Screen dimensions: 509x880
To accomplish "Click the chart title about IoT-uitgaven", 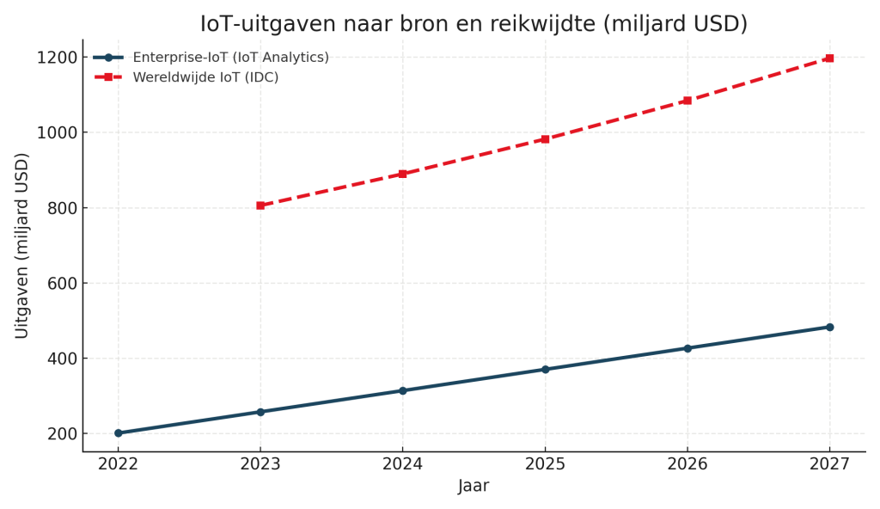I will pos(474,24).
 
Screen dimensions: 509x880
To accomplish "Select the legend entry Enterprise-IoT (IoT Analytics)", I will pos(230,58).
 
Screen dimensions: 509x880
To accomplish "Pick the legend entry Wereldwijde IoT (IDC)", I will pos(205,77).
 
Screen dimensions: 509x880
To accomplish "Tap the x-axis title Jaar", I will pos(474,486).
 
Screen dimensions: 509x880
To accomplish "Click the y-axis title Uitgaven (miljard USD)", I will pos(22,245).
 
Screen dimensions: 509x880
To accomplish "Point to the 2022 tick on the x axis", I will pos(119,463).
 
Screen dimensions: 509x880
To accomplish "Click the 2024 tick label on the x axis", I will pos(402,463).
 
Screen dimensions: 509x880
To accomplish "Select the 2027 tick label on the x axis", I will pos(829,463).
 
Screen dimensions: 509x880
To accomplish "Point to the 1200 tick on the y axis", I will pos(57,58).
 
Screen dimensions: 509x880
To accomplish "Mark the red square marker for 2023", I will pos(260,205).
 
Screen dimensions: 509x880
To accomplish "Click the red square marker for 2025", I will pos(545,139).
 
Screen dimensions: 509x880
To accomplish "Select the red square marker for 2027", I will pos(829,58).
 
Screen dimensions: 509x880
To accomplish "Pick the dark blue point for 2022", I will pos(119,433).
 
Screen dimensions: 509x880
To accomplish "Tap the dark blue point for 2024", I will pos(402,390).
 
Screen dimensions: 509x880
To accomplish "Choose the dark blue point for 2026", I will pos(687,348).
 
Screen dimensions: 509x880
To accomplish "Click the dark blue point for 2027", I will pos(829,327).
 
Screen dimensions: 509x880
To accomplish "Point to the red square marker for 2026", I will pos(687,101).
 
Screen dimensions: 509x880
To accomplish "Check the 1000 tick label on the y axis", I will pos(57,133).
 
